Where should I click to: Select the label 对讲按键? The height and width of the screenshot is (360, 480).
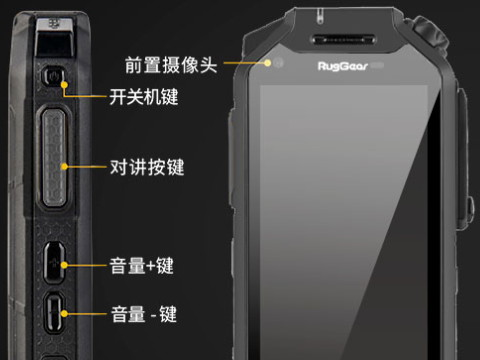pyautogui.click(x=145, y=166)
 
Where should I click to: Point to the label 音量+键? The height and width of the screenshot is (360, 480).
pyautogui.click(x=141, y=266)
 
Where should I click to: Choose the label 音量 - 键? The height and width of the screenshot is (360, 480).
pyautogui.click(x=143, y=313)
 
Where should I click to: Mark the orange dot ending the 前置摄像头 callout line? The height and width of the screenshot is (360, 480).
pyautogui.click(x=268, y=61)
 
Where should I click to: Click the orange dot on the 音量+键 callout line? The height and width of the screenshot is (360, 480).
pyautogui.click(x=65, y=266)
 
